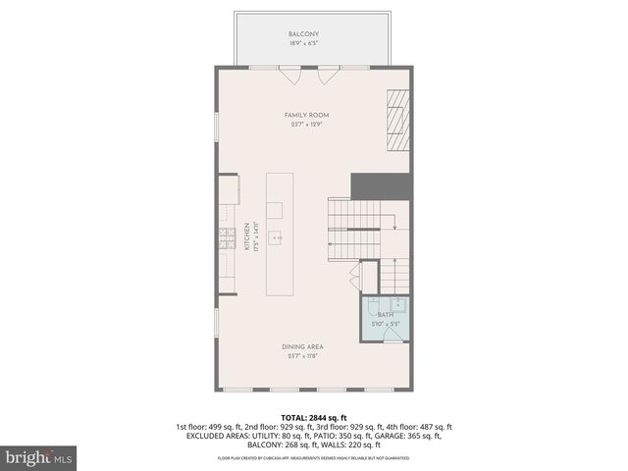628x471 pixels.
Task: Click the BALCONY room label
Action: pos(303,34)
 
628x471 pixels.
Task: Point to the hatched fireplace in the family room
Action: pos(395,119)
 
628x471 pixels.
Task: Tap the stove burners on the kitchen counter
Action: pos(226,236)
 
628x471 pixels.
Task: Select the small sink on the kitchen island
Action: pos(277,236)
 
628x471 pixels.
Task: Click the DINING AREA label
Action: pos(303,346)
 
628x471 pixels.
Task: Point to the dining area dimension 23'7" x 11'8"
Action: pos(303,356)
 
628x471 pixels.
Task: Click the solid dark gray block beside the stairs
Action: pos(381,183)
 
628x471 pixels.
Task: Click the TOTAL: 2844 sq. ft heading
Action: pos(313,417)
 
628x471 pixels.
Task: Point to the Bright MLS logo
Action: pos(38,457)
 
